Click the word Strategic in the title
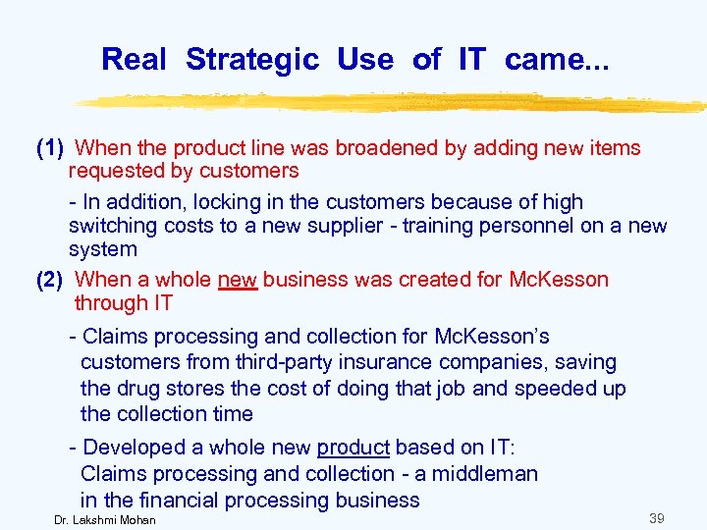click(x=252, y=60)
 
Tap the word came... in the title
click(x=557, y=60)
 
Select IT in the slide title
click(x=471, y=60)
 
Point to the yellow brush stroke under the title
click(x=393, y=102)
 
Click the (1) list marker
click(x=50, y=148)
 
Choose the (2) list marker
click(x=50, y=280)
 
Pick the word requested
click(x=113, y=171)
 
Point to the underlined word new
click(x=238, y=280)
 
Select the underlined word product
click(x=353, y=448)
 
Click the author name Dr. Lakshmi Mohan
click(x=105, y=519)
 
